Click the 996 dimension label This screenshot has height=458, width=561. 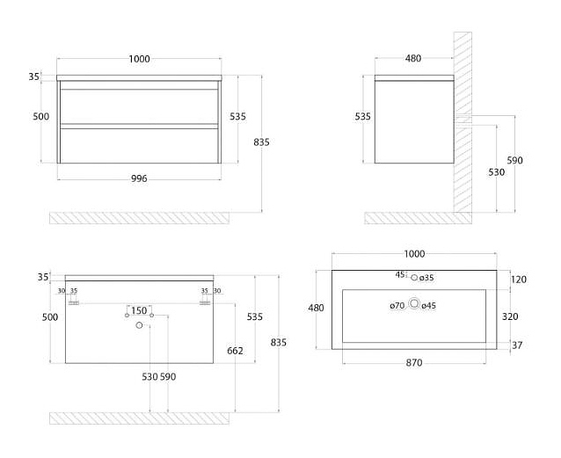139,178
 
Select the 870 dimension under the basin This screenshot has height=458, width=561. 414,363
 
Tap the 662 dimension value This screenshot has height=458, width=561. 235,351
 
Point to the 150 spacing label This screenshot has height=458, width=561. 139,310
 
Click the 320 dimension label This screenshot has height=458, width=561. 510,316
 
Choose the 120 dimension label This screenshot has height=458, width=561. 519,280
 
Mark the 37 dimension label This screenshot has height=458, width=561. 517,345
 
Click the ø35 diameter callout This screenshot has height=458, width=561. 426,278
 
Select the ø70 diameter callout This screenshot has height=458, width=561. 397,306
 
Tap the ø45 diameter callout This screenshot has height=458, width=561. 428,306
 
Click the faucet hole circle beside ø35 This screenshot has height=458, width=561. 414,277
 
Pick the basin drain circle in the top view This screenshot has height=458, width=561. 414,304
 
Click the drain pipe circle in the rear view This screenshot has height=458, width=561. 139,325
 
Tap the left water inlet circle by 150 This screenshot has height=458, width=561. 127,316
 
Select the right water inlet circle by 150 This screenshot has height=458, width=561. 152,316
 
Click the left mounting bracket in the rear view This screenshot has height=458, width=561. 74,303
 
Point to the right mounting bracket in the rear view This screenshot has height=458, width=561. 205,303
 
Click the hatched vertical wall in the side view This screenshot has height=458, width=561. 463,122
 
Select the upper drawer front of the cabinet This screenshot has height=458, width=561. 139,106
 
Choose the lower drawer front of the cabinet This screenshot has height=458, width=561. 139,146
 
